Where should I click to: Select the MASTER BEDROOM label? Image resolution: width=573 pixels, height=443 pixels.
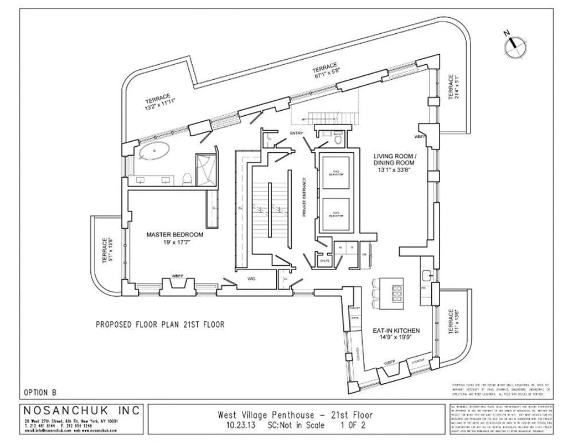coord(174,235)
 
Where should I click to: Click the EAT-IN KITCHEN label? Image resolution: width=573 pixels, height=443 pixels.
coord(395,331)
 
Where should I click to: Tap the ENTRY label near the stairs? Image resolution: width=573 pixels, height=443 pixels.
coord(296,133)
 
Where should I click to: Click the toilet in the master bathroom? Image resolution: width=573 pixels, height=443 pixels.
coord(187,178)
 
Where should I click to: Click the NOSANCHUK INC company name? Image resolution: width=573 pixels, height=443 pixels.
coord(81,411)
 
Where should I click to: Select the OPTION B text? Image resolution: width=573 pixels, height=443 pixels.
coord(40,392)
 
